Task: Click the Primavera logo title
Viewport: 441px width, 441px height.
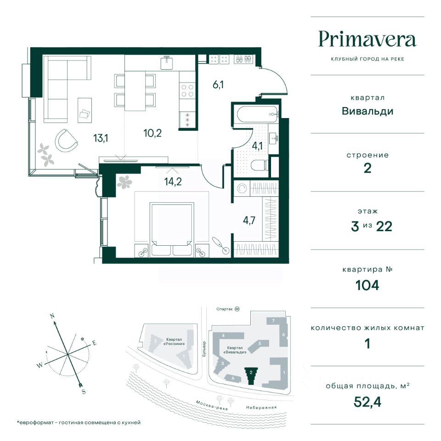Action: click(x=367, y=40)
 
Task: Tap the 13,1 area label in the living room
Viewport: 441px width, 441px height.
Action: click(x=101, y=138)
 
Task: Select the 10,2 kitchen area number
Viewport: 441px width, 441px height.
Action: click(x=153, y=133)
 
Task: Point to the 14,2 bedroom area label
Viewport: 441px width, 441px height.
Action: click(x=173, y=182)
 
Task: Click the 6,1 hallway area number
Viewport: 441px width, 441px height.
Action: click(x=218, y=84)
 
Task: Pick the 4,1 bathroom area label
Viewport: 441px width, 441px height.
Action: click(x=257, y=146)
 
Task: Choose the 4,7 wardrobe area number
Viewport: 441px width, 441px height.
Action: click(x=249, y=220)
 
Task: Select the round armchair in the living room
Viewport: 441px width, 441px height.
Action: click(x=66, y=140)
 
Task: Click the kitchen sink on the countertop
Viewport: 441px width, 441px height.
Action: click(x=167, y=62)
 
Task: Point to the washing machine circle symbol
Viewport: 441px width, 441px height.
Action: click(x=241, y=188)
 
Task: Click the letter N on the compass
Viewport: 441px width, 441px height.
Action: click(x=52, y=316)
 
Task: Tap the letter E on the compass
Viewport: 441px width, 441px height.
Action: click(x=94, y=343)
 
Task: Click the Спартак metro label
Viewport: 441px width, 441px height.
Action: click(x=225, y=309)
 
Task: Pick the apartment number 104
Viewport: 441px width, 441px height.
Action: click(x=367, y=285)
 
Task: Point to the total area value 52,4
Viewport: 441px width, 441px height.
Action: click(x=367, y=402)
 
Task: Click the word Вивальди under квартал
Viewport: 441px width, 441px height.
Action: click(x=367, y=111)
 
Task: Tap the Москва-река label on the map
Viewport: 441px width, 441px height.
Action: click(x=212, y=405)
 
